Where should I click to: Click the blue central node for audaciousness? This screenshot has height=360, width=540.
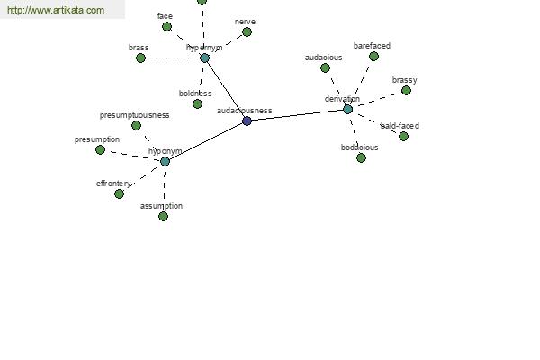247,121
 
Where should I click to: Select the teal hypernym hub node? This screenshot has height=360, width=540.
204,58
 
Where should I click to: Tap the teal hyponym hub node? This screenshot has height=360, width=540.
165,161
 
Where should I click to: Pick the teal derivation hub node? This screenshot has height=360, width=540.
348,109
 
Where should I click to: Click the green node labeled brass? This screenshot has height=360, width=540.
140,58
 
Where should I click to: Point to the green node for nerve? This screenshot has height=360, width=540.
247,31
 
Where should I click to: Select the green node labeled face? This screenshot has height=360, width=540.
166,26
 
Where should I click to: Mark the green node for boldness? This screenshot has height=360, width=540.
197,103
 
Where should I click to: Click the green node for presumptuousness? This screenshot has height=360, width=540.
136,125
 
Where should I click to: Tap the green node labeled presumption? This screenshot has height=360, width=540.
100,149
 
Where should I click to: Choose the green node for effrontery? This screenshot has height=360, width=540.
119,193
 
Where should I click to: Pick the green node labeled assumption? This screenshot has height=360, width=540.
163,216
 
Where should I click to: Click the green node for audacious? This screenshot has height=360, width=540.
325,67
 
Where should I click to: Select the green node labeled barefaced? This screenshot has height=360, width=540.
373,56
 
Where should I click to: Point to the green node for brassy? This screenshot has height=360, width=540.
406,90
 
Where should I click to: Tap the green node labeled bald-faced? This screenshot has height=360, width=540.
403,136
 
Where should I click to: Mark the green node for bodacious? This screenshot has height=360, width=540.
361,157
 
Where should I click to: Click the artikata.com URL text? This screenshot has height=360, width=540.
55,11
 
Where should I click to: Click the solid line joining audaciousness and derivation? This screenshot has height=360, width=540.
298,115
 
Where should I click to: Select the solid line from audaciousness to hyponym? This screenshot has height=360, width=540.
206,141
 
